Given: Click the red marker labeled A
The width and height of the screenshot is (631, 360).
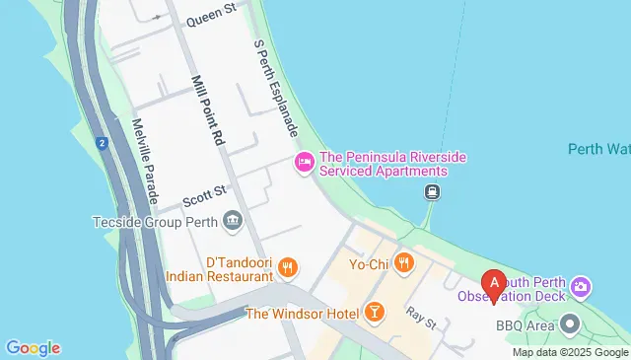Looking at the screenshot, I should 493,283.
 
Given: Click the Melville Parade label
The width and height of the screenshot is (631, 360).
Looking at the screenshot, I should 145,163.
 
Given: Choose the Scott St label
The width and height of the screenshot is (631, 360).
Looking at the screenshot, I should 204,196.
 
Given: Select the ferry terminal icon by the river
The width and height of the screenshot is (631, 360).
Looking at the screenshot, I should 432,192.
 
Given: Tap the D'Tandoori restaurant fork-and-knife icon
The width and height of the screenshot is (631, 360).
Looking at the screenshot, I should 288,265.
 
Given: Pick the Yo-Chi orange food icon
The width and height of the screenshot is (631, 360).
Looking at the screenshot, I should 403,262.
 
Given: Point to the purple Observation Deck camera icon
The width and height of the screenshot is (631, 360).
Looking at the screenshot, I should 582,287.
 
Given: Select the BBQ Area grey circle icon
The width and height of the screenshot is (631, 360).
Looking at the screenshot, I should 571,324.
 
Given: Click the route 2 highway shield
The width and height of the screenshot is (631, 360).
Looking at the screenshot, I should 102,144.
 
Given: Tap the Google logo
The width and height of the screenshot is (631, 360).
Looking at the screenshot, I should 33,348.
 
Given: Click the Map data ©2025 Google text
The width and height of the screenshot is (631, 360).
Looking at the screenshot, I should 571,352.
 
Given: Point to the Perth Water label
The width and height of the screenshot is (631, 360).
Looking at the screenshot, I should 598,149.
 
